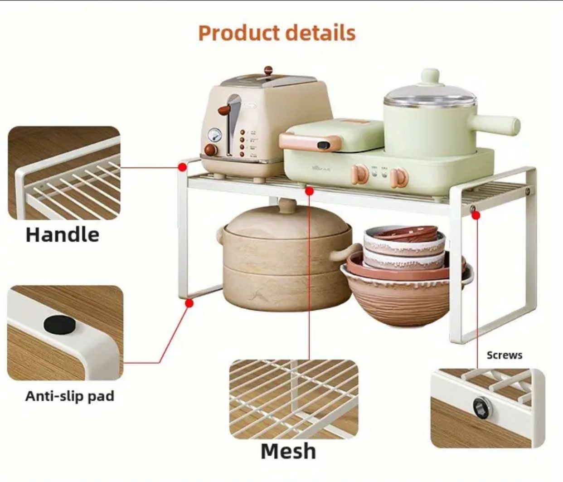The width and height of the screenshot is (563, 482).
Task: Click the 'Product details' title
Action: pyautogui.click(x=277, y=33)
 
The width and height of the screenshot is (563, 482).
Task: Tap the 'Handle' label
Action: pyautogui.click(x=63, y=234)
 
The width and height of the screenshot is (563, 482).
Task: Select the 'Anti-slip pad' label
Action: pyautogui.click(x=69, y=396)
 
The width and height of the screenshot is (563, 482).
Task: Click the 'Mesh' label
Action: pyautogui.click(x=288, y=452)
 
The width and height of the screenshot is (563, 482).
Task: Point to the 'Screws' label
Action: pyautogui.click(x=505, y=355)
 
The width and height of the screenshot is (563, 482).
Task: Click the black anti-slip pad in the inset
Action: pyautogui.click(x=60, y=325)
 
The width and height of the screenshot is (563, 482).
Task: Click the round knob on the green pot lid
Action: pyautogui.click(x=430, y=77)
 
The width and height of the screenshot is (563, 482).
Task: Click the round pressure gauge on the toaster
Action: pyautogui.click(x=214, y=135)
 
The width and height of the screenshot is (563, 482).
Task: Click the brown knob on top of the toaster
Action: pyautogui.click(x=268, y=70)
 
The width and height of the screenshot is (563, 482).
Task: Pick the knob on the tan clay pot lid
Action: pyautogui.click(x=287, y=204)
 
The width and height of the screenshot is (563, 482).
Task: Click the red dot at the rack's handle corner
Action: pyautogui.click(x=183, y=167)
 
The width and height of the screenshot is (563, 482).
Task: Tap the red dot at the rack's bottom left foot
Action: pyautogui.click(x=189, y=303)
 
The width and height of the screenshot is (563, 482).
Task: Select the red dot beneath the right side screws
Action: pyautogui.click(x=476, y=215)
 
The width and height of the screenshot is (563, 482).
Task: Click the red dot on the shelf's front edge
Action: pyautogui.click(x=309, y=191)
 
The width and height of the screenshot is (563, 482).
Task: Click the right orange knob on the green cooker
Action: pyautogui.click(x=399, y=177)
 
